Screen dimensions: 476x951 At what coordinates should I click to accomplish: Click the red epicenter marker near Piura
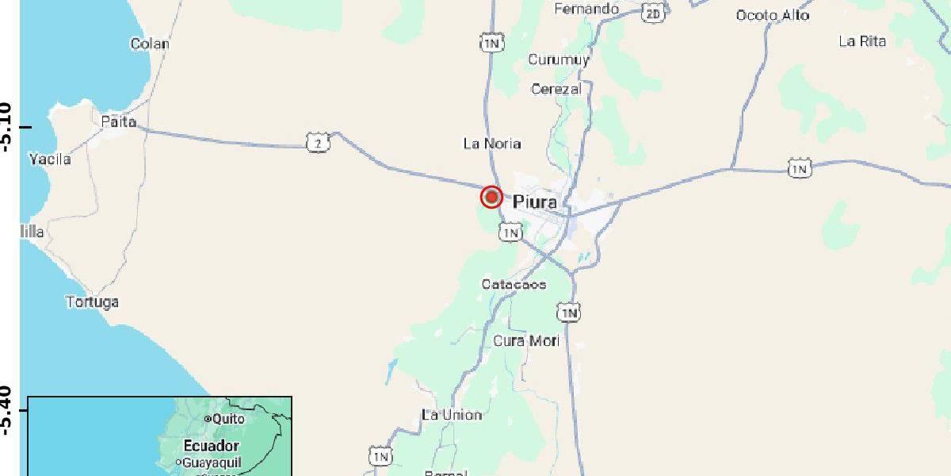[x=491, y=197]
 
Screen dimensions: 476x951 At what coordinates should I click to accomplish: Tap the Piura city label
[x=535, y=202]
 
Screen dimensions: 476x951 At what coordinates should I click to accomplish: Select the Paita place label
[x=119, y=122]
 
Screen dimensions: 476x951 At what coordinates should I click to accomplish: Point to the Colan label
[x=150, y=44]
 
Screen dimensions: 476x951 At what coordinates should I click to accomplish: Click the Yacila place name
[x=50, y=159]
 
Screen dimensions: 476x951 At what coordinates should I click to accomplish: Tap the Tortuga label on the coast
[x=92, y=302]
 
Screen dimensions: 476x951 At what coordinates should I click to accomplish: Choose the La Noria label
[x=492, y=144]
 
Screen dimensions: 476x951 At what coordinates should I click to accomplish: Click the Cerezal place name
[x=556, y=89]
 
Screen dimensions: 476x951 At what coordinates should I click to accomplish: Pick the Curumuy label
[x=559, y=60]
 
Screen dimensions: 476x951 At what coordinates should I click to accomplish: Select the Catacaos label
[x=514, y=284]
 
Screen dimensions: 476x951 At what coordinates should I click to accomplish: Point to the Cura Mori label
[x=526, y=341]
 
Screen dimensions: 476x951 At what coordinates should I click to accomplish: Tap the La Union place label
[x=452, y=415]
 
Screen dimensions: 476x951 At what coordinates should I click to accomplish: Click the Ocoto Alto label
[x=773, y=15]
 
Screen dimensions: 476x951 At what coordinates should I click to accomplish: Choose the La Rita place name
[x=862, y=41]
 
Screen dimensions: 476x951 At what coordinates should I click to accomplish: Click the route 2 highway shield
[x=318, y=143]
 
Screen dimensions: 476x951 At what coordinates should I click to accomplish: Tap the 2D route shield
[x=653, y=13]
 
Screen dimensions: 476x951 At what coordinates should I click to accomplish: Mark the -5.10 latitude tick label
[x=7, y=127]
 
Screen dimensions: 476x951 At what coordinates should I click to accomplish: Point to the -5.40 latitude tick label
[x=7, y=410]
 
